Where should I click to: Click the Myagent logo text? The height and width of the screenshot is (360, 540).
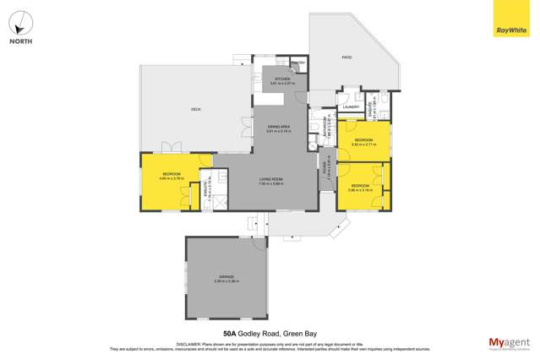pos(505,341)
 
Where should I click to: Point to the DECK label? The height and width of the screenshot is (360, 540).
pos(195,110)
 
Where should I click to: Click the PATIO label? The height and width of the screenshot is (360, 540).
pos(346,58)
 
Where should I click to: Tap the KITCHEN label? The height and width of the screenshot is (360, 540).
pos(281,79)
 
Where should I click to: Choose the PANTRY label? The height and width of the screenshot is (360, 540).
pos(297,63)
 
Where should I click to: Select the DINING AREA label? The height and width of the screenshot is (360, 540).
pos(279,128)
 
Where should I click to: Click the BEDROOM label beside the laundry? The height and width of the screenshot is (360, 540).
pos(363,139)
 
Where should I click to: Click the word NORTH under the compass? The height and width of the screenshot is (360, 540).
pos(21,41)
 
